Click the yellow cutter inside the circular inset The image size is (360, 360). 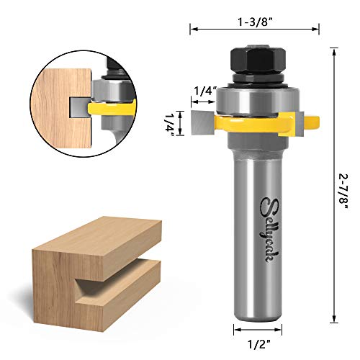108,109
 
